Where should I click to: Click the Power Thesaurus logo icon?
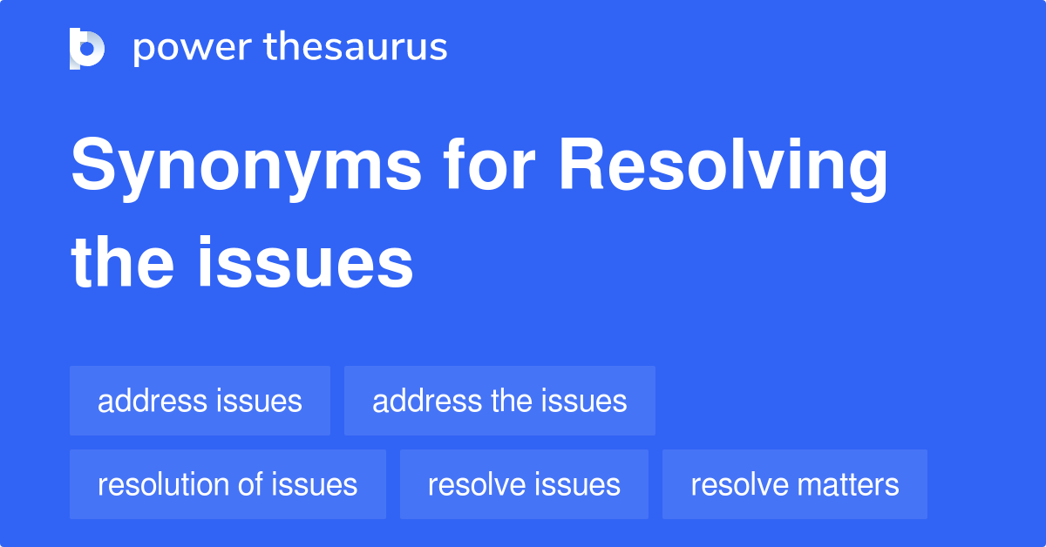(x=87, y=48)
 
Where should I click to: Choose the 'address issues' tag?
(x=200, y=401)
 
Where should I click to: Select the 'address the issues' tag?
(x=499, y=401)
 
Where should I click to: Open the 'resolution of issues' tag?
(x=228, y=484)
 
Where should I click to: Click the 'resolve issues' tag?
(x=524, y=484)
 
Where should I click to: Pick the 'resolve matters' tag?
(x=794, y=484)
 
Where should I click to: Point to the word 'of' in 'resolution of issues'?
(x=253, y=484)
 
